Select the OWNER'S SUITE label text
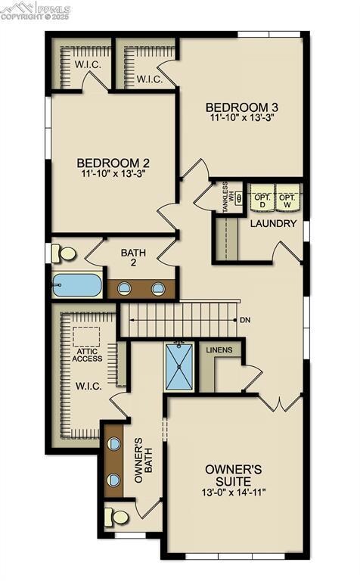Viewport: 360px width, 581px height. pyautogui.click(x=234, y=475)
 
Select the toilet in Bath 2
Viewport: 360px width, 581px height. pyautogui.click(x=66, y=253)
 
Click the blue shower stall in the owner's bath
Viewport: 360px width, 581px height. pyautogui.click(x=180, y=367)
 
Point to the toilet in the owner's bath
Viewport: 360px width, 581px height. pyautogui.click(x=118, y=517)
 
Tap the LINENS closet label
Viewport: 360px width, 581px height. pyautogui.click(x=219, y=350)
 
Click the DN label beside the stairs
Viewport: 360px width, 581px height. pyautogui.click(x=244, y=320)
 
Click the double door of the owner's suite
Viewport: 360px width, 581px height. pyautogui.click(x=281, y=402)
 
